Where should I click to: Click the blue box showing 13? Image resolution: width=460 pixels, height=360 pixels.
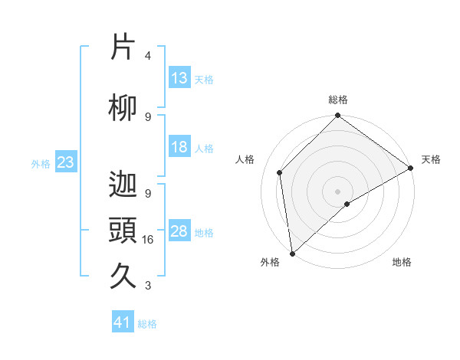tap(179, 78)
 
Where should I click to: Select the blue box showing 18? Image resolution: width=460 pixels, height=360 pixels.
tap(179, 147)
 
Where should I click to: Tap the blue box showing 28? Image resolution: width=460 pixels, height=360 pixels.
tap(179, 231)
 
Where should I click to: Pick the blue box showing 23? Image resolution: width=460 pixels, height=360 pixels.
tap(65, 162)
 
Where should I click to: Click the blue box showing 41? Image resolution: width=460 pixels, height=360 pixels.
tap(123, 322)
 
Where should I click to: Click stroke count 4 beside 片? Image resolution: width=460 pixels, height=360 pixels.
tap(148, 56)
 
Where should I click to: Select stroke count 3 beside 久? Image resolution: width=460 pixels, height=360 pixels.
tap(148, 286)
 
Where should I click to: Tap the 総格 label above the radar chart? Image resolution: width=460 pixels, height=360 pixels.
tap(338, 100)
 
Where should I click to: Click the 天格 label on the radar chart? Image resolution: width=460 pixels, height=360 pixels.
tap(431, 159)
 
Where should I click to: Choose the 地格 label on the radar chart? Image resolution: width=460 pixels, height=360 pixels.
tap(402, 262)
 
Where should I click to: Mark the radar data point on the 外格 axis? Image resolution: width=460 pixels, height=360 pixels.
tap(292, 253)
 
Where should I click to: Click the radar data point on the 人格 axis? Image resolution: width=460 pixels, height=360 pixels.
tap(280, 172)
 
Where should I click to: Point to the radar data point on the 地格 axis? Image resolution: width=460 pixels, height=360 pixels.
tap(347, 204)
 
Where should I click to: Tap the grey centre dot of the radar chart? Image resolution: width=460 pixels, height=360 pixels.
tap(338, 190)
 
